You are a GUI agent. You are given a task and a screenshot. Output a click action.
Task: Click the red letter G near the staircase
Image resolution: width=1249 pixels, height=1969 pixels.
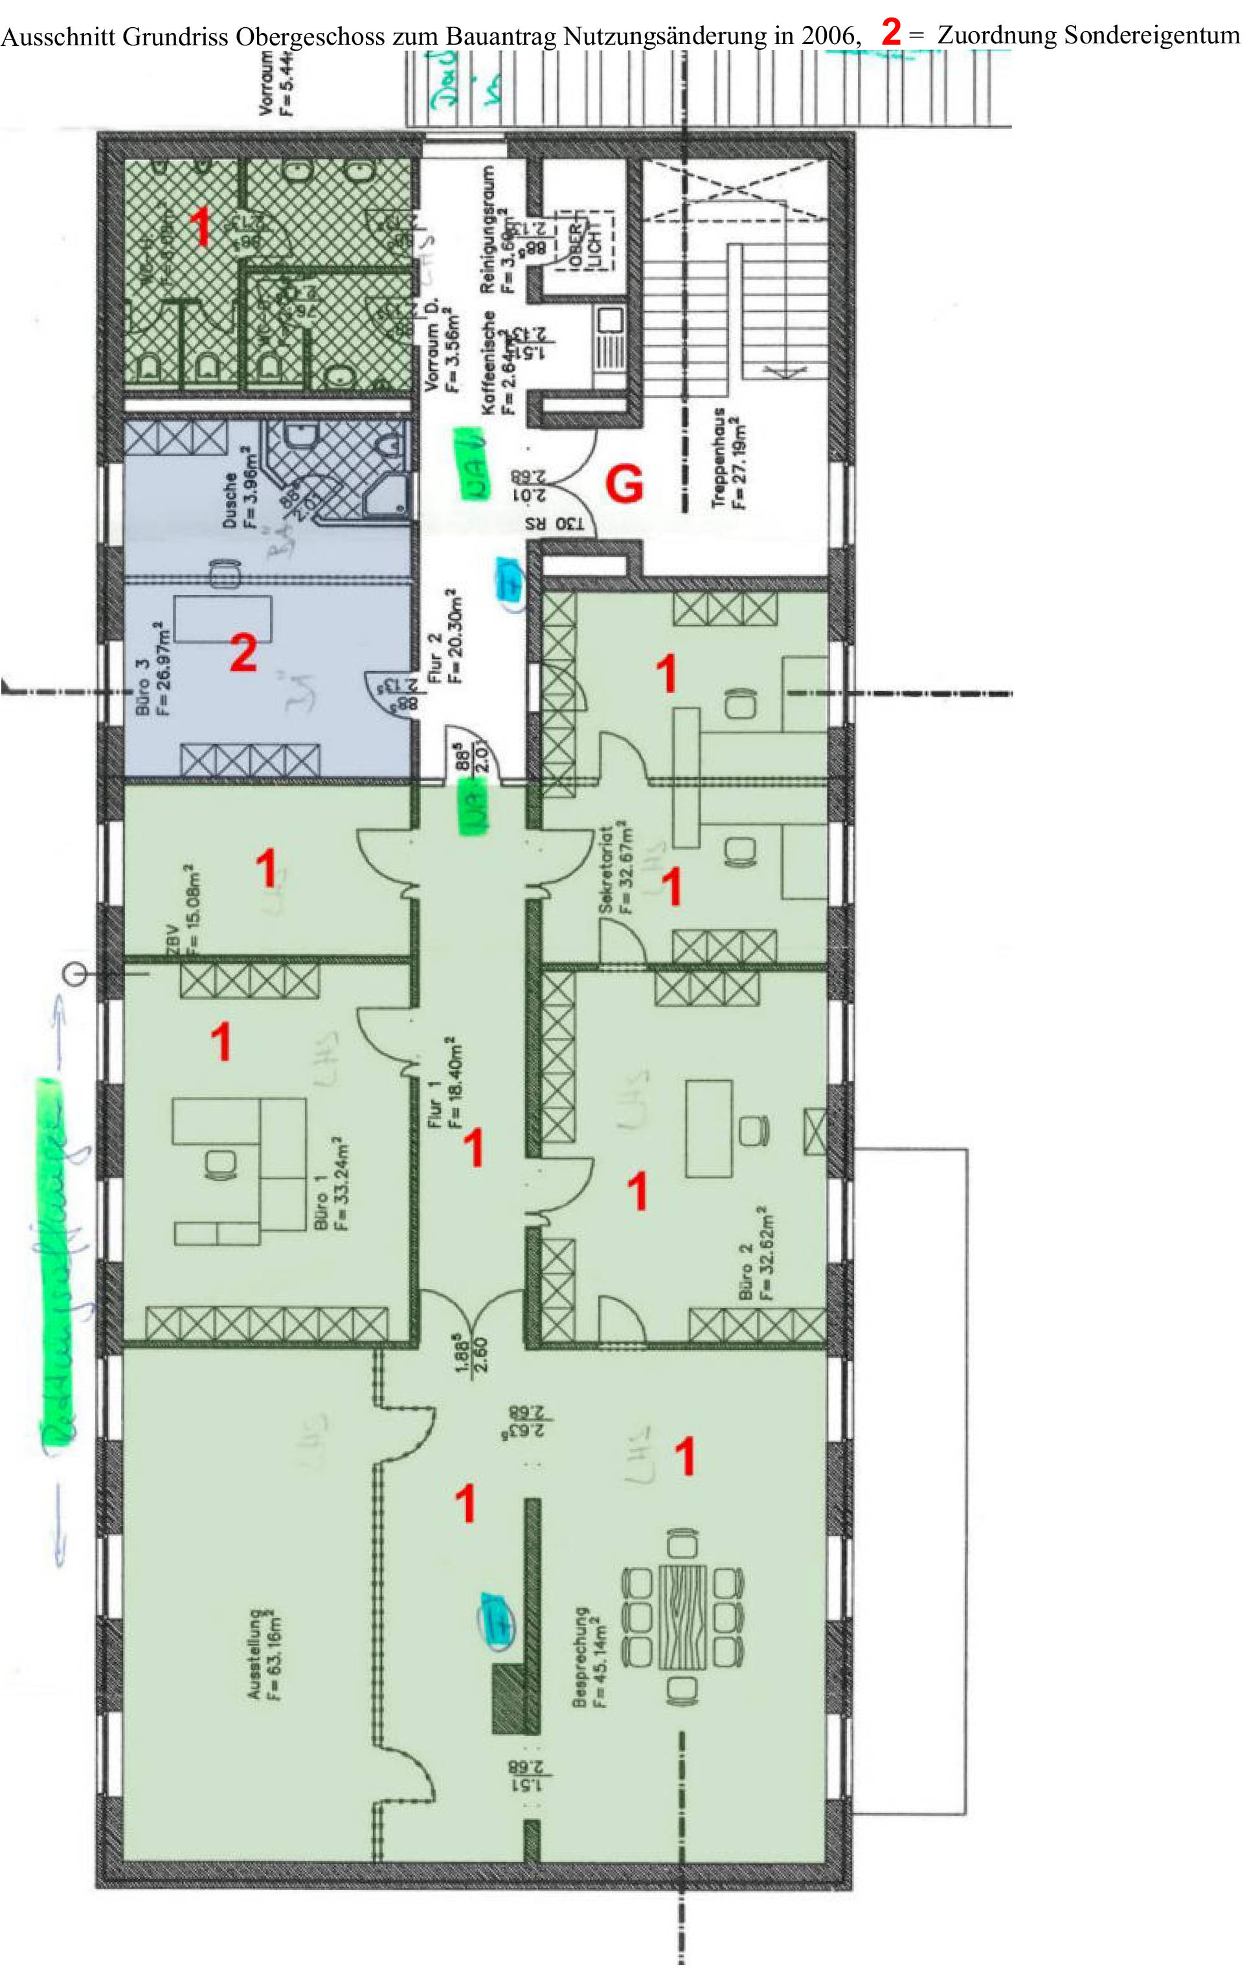(x=624, y=486)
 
